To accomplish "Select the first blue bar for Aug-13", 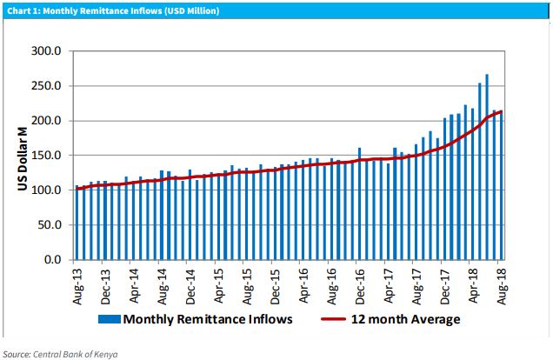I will (x=77, y=224).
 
